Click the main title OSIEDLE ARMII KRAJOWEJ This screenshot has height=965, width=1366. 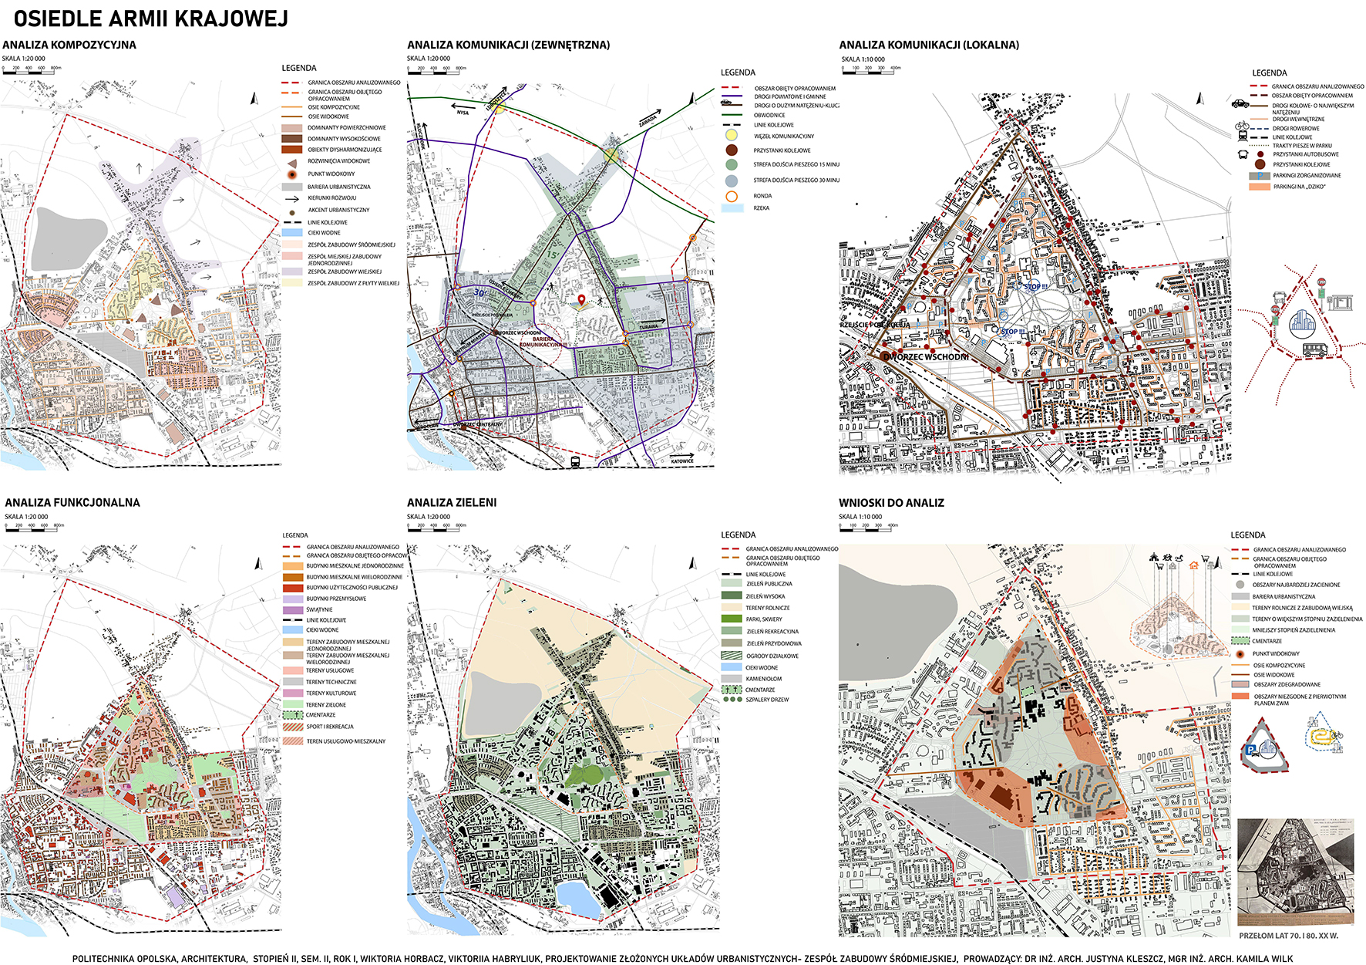[151, 19]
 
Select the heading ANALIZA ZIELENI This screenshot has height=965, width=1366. [452, 502]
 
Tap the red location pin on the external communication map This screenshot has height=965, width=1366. [581, 299]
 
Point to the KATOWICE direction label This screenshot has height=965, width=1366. [681, 461]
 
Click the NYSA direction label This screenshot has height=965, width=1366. [463, 113]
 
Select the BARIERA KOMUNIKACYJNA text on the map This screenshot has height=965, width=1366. [542, 342]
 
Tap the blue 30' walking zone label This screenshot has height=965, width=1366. [479, 293]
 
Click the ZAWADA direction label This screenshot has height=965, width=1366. [648, 122]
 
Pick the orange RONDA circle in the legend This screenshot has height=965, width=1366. [731, 196]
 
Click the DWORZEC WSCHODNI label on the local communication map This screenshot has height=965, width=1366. [927, 356]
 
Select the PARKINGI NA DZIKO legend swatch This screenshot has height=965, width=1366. [1259, 187]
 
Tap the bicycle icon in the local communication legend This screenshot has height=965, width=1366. [1241, 126]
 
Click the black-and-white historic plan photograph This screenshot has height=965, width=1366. [1295, 872]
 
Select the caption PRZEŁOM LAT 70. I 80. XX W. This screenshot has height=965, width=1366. [1288, 936]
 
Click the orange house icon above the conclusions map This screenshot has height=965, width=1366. [1194, 564]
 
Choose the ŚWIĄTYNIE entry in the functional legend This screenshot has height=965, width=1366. [319, 609]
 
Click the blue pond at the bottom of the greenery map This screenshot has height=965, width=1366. [576, 899]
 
